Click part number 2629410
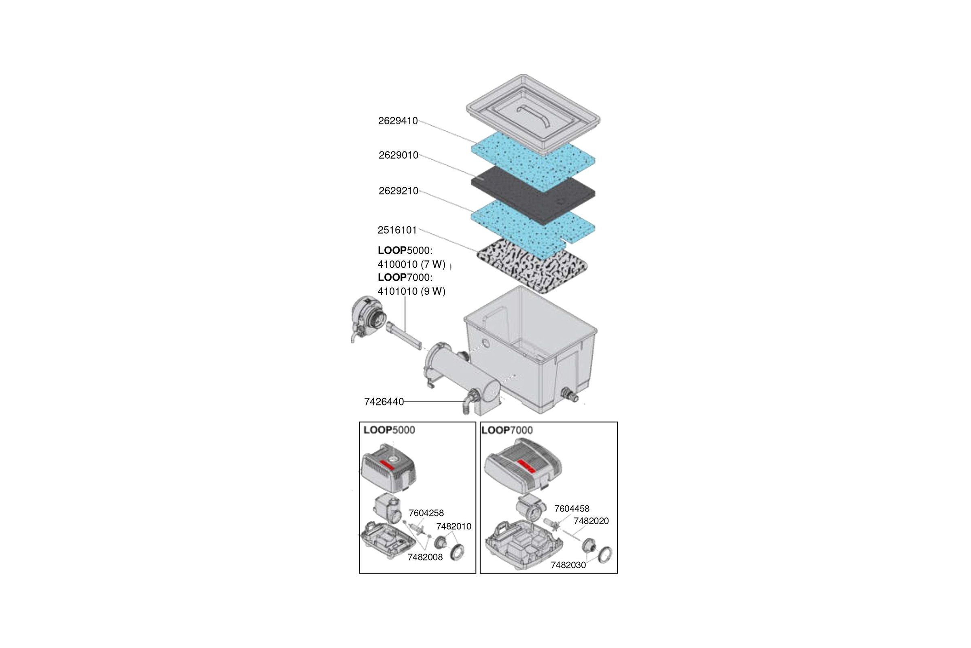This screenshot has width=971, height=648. tap(398, 121)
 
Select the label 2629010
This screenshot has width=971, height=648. tap(399, 156)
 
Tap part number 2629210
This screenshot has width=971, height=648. tap(399, 191)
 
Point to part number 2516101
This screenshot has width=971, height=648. tap(397, 230)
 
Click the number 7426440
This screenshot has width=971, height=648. tap(384, 402)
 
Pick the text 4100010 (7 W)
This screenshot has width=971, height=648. tap(411, 264)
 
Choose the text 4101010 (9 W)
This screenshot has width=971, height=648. tap(411, 291)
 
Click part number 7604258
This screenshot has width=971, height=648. tap(426, 513)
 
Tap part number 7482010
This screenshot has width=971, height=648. tap(454, 526)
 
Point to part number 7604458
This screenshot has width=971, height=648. tap(572, 509)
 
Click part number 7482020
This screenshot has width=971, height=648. tap(591, 521)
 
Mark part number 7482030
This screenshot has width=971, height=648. tap(568, 565)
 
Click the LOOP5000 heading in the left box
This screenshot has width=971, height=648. tap(389, 430)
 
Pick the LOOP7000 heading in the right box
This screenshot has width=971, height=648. tap(507, 430)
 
